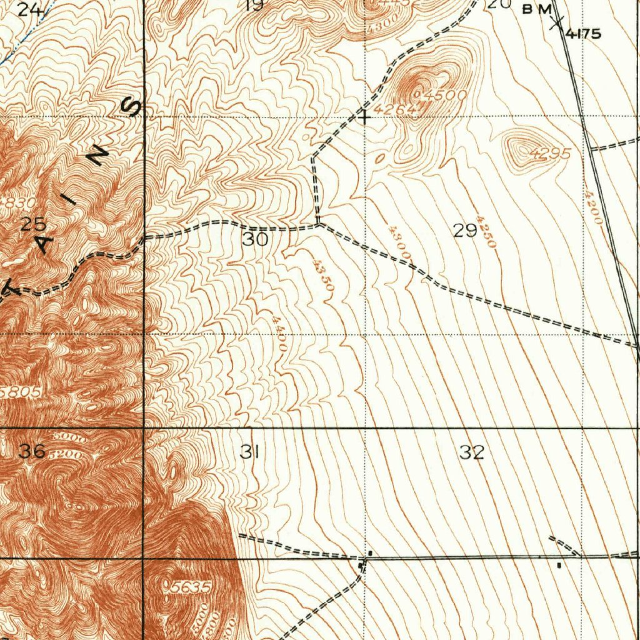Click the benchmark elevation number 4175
[584, 34]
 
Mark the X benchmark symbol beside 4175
[556, 24]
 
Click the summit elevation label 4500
[445, 96]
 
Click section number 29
[466, 231]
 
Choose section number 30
[256, 239]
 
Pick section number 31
[249, 452]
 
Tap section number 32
[472, 452]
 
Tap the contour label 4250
[486, 232]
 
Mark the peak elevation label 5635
[191, 587]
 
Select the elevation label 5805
[21, 392]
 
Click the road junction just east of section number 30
[319, 224]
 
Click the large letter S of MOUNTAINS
[133, 108]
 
